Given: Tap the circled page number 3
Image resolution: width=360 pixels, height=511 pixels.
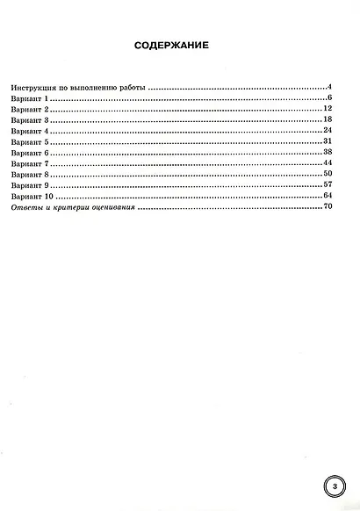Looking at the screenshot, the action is pyautogui.click(x=334, y=486).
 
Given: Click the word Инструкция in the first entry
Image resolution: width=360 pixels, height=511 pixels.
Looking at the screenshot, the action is pyautogui.click(x=33, y=88).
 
